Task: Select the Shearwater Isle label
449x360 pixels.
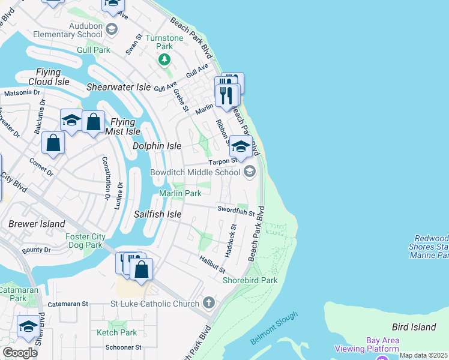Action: pyautogui.click(x=118, y=87)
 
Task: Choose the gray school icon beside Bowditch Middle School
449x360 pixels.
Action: pyautogui.click(x=250, y=172)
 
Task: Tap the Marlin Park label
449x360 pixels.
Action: pyautogui.click(x=180, y=193)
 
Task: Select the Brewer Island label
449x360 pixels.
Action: pyautogui.click(x=28, y=224)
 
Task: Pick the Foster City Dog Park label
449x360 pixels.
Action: pyautogui.click(x=84, y=241)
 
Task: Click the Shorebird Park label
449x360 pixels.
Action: pyautogui.click(x=250, y=280)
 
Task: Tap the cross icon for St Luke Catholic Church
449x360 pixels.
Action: pyautogui.click(x=208, y=302)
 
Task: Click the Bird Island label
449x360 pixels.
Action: pyautogui.click(x=413, y=327)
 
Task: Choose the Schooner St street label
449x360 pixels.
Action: pyautogui.click(x=122, y=347)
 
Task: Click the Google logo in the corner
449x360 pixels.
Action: pyautogui.click(x=20, y=352)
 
